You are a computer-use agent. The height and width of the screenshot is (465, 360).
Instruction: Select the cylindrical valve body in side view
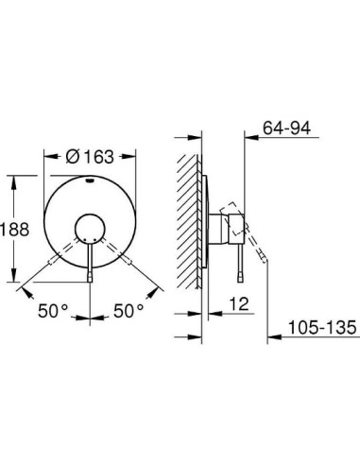click(220, 228)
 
